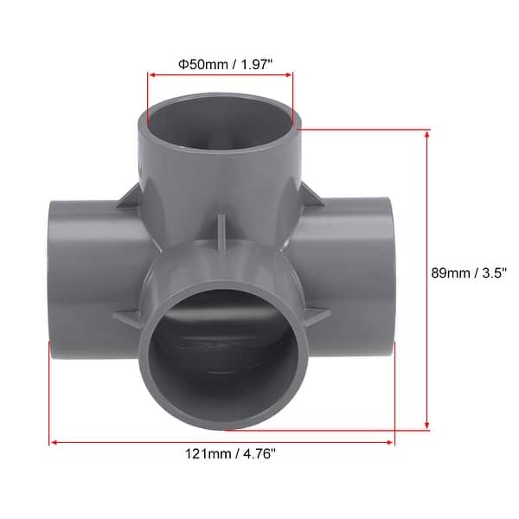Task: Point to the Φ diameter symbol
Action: (x=183, y=62)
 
